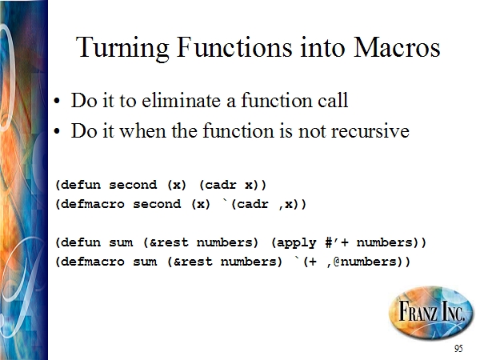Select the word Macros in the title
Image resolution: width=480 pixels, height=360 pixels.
(x=397, y=47)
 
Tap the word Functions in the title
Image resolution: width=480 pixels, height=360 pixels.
(x=234, y=47)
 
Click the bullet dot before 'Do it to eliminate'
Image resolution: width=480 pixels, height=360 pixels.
(x=57, y=102)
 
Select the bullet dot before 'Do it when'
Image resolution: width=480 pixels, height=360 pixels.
(x=57, y=132)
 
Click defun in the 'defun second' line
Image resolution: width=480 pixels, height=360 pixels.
(x=81, y=185)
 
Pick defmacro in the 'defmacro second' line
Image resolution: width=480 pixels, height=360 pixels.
(x=93, y=204)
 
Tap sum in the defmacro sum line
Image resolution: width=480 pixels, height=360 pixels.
(x=145, y=262)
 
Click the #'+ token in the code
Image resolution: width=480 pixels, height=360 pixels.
(x=337, y=242)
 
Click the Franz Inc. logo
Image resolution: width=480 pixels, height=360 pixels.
(x=430, y=313)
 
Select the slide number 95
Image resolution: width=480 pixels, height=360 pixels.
(x=458, y=348)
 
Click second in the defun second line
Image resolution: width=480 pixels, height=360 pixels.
(x=133, y=185)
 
